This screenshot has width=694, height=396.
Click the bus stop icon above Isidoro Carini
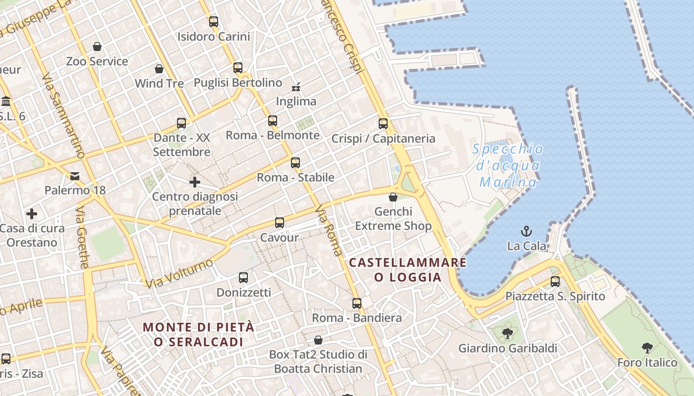[214, 22]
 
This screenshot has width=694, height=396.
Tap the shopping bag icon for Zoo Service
[97, 47]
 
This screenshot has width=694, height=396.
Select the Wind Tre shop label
[159, 83]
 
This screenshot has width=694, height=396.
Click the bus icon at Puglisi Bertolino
[238, 68]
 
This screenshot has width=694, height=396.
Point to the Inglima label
[296, 101]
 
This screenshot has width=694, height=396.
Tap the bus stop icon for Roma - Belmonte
[273, 120]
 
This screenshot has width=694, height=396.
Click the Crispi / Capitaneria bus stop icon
[383, 124]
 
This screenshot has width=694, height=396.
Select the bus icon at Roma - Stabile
[295, 162]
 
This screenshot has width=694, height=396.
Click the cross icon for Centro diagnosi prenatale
[195, 182]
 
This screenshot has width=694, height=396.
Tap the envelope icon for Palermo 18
[75, 176]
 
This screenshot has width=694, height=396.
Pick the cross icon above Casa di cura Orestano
[32, 214]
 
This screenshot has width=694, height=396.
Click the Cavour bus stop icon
[280, 223]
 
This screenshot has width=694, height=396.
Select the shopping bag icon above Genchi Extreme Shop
[393, 197]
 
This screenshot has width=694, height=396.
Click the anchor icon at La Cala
[526, 231]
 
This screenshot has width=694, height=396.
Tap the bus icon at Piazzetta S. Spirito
[555, 282]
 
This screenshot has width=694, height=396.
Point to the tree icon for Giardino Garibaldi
[507, 334]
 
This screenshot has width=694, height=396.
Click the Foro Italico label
[647, 363]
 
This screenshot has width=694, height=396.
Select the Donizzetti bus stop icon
[243, 278]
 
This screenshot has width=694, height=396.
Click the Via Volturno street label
[179, 273]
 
